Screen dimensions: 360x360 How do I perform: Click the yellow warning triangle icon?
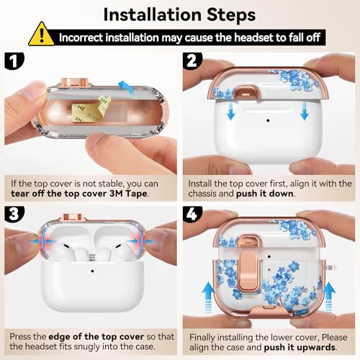pos(41,35)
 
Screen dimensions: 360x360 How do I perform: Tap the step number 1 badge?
pos(14,61)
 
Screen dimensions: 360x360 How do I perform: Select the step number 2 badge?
pos(192,61)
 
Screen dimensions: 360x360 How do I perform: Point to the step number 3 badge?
pos(14,214)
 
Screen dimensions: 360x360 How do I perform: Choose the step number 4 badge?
pos(192,214)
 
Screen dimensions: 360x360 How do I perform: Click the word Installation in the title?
pos(152,15)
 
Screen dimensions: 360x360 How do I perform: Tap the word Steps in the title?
pos(231,15)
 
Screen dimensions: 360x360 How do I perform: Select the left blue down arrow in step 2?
pos(230,110)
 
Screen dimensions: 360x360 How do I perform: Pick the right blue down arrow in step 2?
pos(305,110)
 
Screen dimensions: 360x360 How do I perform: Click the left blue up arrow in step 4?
pos(208,297)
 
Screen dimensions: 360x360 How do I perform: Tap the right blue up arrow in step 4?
pos(329,297)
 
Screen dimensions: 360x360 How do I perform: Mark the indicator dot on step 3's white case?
pos(92,271)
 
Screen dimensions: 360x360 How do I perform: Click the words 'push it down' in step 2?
pos(265,194)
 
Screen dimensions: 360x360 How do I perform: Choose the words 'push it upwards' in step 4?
pos(300,347)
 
